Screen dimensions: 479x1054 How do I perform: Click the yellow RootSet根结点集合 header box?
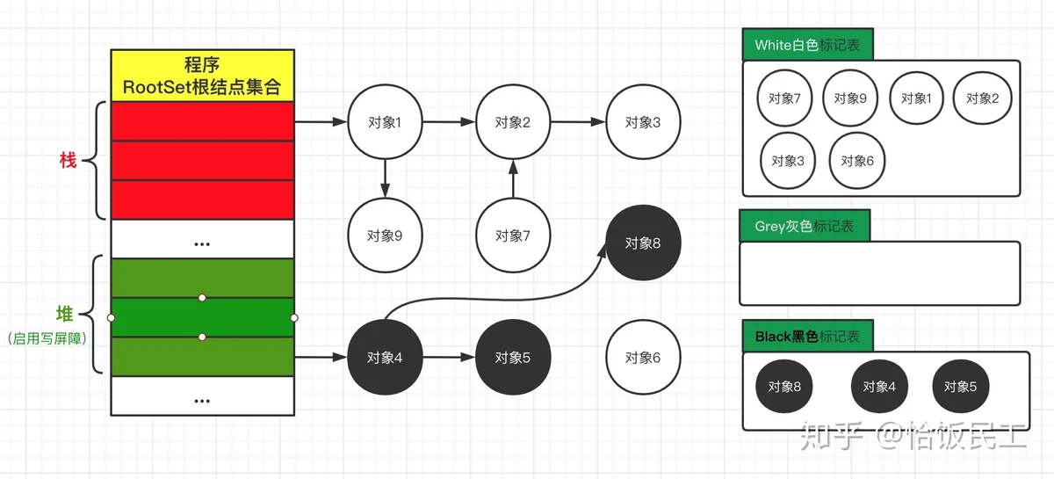[202, 76]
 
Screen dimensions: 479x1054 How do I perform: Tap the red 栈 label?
[67, 160]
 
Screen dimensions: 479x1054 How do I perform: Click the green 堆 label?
[65, 314]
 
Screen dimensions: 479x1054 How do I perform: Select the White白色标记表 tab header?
[807, 46]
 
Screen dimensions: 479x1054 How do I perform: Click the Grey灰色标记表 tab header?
[804, 226]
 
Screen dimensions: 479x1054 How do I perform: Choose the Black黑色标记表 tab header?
[807, 336]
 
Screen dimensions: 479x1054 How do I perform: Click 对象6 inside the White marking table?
[857, 161]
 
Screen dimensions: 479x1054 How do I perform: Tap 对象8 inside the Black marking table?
[784, 386]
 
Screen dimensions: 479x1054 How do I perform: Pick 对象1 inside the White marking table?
[916, 98]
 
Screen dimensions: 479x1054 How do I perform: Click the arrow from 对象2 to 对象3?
[578, 123]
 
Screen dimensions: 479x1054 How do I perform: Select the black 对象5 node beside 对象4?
[513, 358]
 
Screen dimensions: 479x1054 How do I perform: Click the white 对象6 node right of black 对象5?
[642, 358]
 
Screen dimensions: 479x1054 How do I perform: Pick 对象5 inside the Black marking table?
[960, 386]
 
